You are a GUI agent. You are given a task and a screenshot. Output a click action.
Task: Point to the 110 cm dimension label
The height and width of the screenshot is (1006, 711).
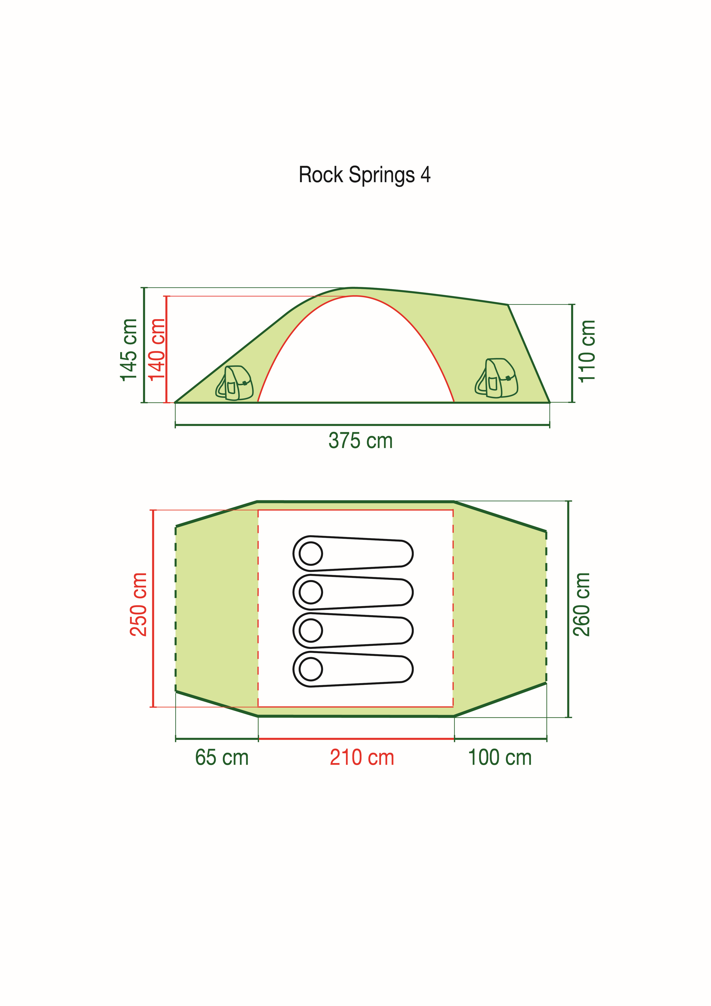[x=587, y=351]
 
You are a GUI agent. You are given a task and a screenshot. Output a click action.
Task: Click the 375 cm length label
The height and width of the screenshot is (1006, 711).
[x=361, y=441]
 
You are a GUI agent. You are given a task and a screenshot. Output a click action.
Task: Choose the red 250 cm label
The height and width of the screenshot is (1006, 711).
[x=139, y=604]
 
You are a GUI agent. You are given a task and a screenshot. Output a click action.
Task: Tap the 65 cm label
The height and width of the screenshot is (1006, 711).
[x=222, y=758]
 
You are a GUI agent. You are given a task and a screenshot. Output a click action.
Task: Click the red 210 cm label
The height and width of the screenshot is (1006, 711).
[x=362, y=758]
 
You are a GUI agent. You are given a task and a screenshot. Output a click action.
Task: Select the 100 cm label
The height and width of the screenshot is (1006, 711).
[x=500, y=758]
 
